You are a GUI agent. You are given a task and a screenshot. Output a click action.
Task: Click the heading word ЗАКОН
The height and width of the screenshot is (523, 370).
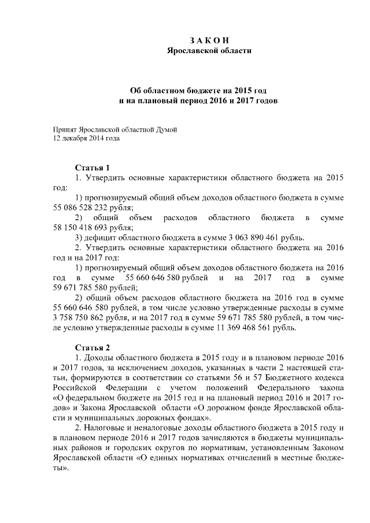209,40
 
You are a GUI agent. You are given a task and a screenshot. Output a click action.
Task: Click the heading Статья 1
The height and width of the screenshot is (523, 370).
92,168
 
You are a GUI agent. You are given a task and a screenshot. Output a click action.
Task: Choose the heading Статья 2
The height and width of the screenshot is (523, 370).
92,347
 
